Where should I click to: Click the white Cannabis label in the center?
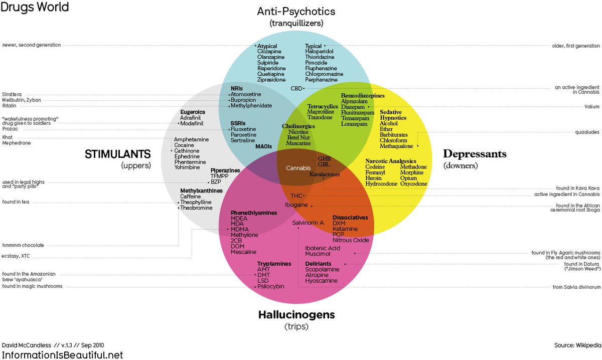click(x=298, y=168)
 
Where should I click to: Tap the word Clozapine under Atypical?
click(x=269, y=51)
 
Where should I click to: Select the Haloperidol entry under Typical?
click(x=319, y=51)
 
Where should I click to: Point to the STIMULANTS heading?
click(x=118, y=154)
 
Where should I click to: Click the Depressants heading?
click(x=475, y=154)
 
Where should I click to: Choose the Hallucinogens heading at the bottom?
click(x=296, y=314)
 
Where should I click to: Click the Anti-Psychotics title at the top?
click(x=296, y=12)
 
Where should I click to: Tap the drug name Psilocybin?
click(x=270, y=286)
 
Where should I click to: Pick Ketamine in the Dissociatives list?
click(x=345, y=229)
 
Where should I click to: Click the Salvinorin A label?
click(x=308, y=223)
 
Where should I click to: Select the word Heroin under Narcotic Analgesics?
click(x=373, y=178)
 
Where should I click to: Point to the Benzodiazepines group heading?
click(x=363, y=96)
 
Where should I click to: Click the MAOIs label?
click(x=264, y=146)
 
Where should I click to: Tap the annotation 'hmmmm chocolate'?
click(x=23, y=245)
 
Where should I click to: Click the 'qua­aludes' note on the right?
click(x=587, y=132)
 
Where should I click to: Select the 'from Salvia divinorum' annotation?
click(x=576, y=287)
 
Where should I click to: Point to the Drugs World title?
click(x=35, y=7)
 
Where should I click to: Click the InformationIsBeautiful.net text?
click(x=62, y=355)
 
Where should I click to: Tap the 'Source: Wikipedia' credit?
click(x=577, y=345)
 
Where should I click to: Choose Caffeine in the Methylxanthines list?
click(x=190, y=197)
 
